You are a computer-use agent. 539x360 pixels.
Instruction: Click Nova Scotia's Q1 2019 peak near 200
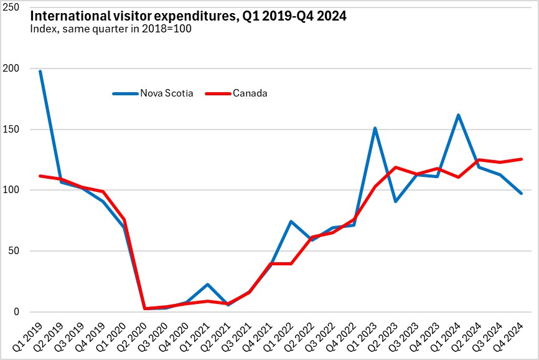pyautogui.click(x=40, y=71)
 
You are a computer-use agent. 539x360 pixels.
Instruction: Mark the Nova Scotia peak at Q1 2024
pyautogui.click(x=459, y=115)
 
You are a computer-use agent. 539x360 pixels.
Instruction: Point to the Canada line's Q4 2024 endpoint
pyautogui.click(x=522, y=159)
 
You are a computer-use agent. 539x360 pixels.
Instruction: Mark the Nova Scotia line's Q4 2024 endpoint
pyautogui.click(x=522, y=193)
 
